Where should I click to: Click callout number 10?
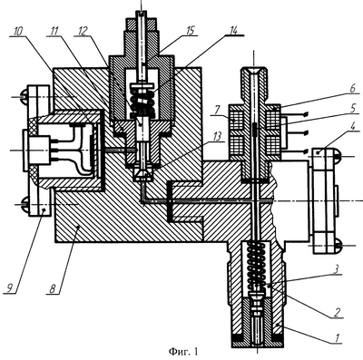19,32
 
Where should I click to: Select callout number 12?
83,32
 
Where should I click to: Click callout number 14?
233,30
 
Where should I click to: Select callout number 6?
354,89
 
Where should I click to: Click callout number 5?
354,109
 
